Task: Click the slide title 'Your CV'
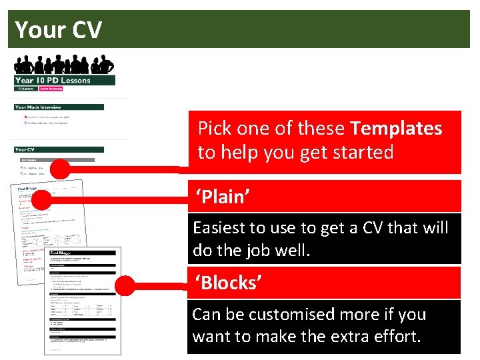click(59, 30)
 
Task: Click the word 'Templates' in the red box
click(396, 128)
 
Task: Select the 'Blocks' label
click(227, 283)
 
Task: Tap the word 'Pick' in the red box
click(214, 128)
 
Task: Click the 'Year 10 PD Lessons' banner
click(65, 81)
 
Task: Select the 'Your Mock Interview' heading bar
click(59, 107)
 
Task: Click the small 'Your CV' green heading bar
click(59, 149)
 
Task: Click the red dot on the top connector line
click(60, 169)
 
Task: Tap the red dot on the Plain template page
click(42, 199)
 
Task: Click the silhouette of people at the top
click(64, 65)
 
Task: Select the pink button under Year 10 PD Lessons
click(51, 88)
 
